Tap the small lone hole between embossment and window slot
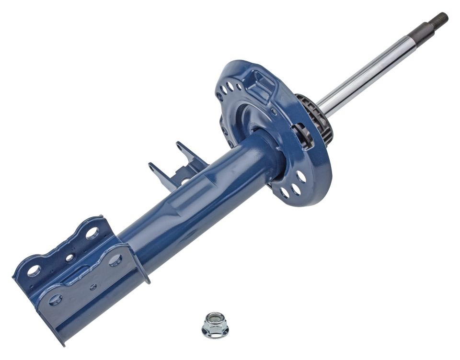click(274, 112)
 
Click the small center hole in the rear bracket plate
click(70, 258)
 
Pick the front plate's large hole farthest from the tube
click(55, 300)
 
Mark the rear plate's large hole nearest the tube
click(92, 233)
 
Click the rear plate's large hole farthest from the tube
click(34, 271)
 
